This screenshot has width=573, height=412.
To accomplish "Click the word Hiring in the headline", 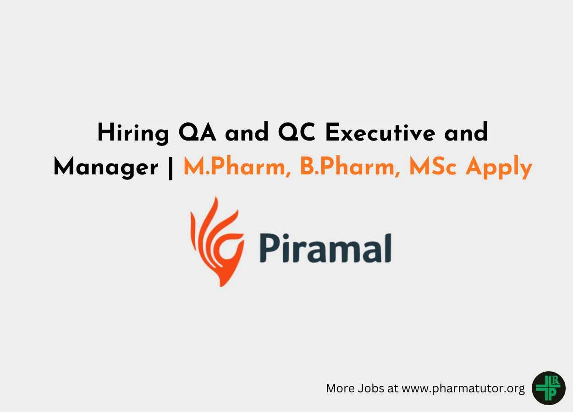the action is [133, 133].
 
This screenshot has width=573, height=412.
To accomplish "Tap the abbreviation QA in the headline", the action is [197, 132].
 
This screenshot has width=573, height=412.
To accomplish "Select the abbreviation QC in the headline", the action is [296, 132].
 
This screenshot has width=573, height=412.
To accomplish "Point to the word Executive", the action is [380, 132].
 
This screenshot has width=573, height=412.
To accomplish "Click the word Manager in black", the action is [106, 167].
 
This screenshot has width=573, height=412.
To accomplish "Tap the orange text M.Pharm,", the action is [237, 166].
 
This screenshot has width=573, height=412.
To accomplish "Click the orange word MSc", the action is [433, 167].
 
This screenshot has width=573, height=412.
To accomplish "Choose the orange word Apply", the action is [499, 167].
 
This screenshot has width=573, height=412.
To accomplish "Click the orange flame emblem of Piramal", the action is [217, 241].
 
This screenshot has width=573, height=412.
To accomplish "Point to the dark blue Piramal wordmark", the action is [325, 248].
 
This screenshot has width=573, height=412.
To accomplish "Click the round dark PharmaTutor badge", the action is [548, 388].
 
